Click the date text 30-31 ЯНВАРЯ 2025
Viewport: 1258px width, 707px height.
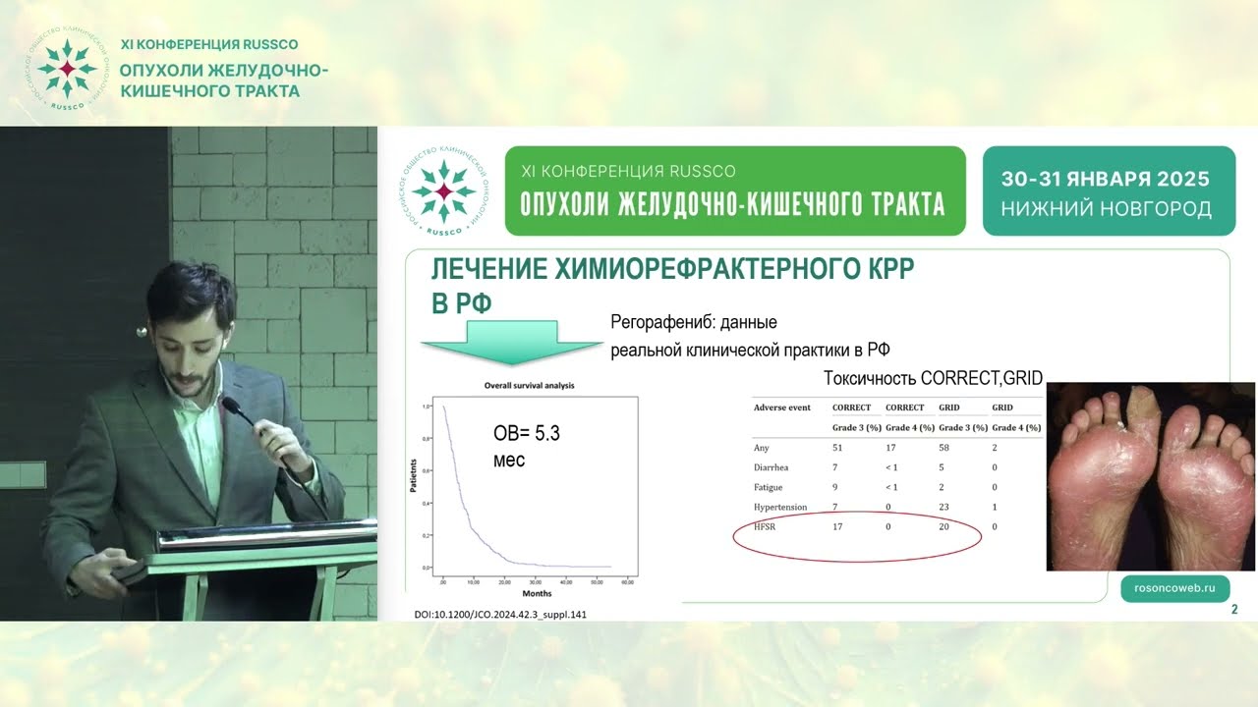(x=1106, y=180)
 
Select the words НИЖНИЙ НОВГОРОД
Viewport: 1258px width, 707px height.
(x=1106, y=209)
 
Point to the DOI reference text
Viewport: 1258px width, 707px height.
(x=501, y=615)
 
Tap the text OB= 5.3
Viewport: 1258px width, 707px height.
(x=526, y=432)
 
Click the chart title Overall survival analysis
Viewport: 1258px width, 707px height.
(x=529, y=386)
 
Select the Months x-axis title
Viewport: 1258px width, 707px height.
(x=537, y=593)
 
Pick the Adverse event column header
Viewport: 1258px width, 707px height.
(x=781, y=407)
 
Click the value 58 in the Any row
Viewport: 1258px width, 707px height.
(x=945, y=448)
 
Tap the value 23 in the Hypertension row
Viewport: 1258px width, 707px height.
(x=945, y=507)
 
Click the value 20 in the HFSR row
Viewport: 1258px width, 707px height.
(x=945, y=527)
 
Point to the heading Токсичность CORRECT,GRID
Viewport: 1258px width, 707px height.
(x=932, y=379)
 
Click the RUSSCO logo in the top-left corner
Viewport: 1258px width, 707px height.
(x=67, y=69)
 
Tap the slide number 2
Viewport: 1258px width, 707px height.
(x=1234, y=610)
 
